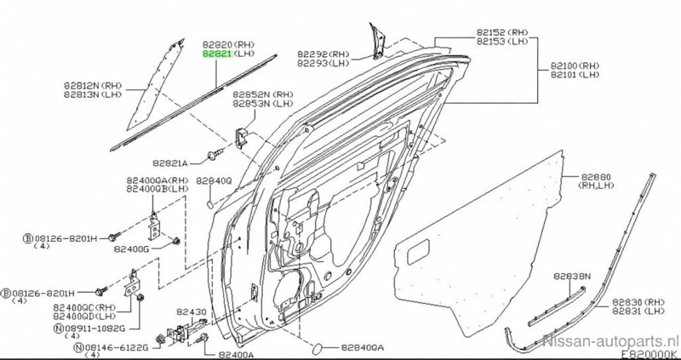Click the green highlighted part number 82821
[x=215, y=53]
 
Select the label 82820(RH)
[x=230, y=43]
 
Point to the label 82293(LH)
[x=323, y=63]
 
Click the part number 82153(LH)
[x=503, y=42]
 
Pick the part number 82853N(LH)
[x=263, y=105]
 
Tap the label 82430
[x=192, y=312]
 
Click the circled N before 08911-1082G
[x=57, y=327]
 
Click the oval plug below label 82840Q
[x=209, y=203]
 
